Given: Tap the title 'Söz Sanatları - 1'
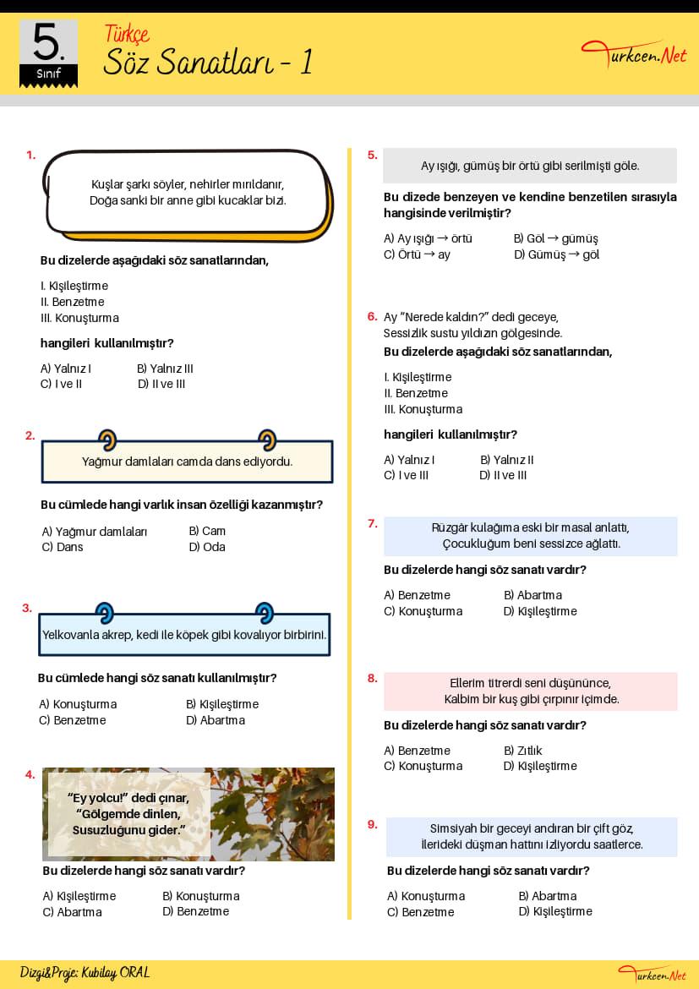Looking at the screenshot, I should coord(207,62).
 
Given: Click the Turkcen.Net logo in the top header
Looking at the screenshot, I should coord(634,55).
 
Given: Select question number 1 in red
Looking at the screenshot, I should coord(31,155).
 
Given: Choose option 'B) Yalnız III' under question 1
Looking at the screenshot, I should coord(165,369).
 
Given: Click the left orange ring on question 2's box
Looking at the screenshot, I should coord(107,440).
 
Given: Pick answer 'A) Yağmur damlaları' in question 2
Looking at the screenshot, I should coord(95,532).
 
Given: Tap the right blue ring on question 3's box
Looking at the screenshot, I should coord(265,612).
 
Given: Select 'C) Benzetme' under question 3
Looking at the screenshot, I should coord(73,721).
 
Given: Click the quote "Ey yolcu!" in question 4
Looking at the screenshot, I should coord(96,798).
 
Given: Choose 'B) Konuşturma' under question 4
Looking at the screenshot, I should coord(200,896).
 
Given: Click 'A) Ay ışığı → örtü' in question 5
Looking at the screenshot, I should coord(428,238).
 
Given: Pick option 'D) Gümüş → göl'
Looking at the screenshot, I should coord(556,254).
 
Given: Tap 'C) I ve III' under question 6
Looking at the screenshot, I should coord(406,476).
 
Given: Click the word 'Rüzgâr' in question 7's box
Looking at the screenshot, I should coord(450,528).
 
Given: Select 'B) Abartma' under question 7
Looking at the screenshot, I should coord(532,595).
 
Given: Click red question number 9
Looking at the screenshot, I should coord(372,824).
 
